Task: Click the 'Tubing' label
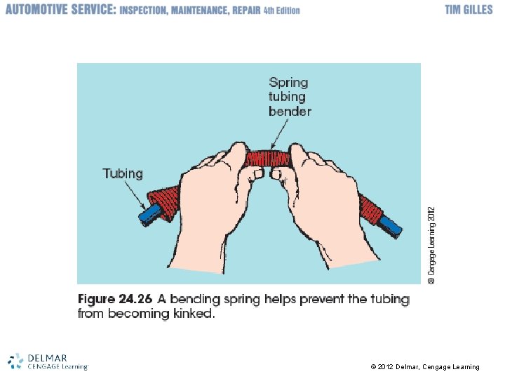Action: click(122, 173)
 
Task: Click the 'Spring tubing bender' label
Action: click(290, 97)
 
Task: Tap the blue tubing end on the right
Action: click(389, 226)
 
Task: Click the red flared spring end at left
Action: click(165, 201)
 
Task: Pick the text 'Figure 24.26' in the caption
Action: click(115, 299)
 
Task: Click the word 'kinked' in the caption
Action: click(193, 314)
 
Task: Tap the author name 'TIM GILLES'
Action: click(469, 10)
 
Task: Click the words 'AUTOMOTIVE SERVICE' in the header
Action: click(59, 10)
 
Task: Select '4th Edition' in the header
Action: click(281, 11)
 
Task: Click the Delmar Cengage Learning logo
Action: click(48, 361)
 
